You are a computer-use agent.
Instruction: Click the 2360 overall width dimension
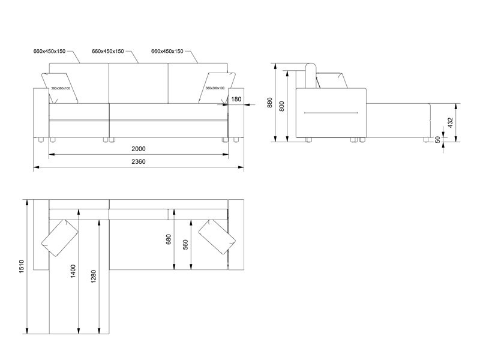[139, 161]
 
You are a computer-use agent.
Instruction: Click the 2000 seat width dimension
[139, 149]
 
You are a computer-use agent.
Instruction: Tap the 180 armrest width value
[236, 99]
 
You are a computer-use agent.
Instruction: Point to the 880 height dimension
[269, 103]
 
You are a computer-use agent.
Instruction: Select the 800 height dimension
[282, 106]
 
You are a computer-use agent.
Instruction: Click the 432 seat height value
[450, 122]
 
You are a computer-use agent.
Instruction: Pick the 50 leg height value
[438, 139]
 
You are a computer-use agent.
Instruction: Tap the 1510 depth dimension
[22, 266]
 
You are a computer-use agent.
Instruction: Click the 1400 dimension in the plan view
[73, 271]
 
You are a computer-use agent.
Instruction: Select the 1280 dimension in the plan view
[94, 277]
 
